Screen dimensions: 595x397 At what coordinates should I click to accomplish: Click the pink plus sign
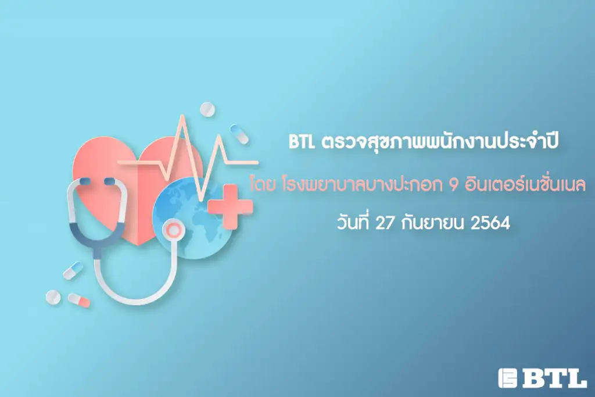pyautogui.click(x=230, y=207)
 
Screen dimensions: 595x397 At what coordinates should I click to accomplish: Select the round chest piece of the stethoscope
pyautogui.click(x=173, y=230)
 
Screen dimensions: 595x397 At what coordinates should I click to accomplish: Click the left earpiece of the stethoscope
pyautogui.click(x=85, y=181)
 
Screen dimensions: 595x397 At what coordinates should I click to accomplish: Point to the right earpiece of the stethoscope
pyautogui.click(x=109, y=181)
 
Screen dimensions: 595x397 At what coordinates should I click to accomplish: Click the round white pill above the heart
pyautogui.click(x=207, y=110)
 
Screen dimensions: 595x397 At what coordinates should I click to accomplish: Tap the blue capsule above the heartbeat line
pyautogui.click(x=239, y=134)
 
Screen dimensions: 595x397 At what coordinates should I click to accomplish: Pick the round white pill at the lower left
pyautogui.click(x=53, y=297)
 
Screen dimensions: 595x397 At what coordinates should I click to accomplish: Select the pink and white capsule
pyautogui.click(x=79, y=300)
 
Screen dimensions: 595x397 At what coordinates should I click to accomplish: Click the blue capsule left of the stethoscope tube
pyautogui.click(x=73, y=270)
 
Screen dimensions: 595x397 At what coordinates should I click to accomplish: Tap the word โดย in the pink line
pyautogui.click(x=263, y=184)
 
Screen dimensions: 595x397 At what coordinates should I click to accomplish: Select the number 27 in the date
pyautogui.click(x=385, y=223)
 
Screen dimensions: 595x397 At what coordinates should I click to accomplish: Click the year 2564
pyautogui.click(x=490, y=223)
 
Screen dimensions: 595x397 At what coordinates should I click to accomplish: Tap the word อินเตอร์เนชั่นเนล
pyautogui.click(x=526, y=184)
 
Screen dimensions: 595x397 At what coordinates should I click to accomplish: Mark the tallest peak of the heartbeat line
pyautogui.click(x=182, y=115)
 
